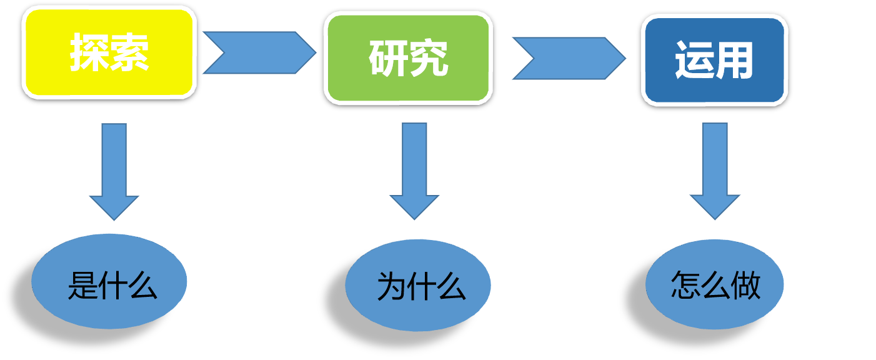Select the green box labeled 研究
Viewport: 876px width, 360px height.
(408, 58)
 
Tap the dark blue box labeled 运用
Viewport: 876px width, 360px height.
(714, 60)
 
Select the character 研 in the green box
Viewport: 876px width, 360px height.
(388, 59)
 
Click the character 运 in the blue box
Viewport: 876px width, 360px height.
(694, 61)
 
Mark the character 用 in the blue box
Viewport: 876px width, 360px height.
(734, 61)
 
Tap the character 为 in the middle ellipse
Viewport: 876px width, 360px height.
(391, 287)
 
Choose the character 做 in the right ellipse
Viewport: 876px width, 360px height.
(745, 285)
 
